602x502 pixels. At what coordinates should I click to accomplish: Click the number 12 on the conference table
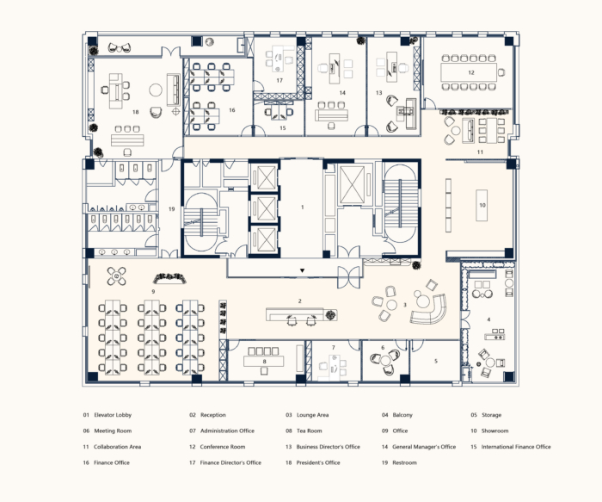[x=471, y=72]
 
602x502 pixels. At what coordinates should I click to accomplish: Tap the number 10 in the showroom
[x=482, y=205]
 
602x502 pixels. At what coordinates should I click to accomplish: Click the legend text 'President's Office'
[x=318, y=462]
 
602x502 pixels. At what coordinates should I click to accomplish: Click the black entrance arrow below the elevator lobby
[x=302, y=270]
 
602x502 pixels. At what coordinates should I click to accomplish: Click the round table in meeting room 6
[x=385, y=360]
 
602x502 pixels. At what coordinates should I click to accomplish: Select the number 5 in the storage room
[x=436, y=361]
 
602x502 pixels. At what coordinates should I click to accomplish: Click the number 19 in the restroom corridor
[x=171, y=209]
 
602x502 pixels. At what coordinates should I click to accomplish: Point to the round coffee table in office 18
[x=156, y=90]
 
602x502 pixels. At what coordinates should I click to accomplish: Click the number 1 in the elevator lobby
[x=302, y=208]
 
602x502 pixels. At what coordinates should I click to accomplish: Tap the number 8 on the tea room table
[x=264, y=362]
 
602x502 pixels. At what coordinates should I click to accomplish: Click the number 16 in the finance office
[x=232, y=110]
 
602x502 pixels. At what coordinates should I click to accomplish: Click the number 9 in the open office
[x=153, y=292]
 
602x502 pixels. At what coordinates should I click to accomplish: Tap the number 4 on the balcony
[x=488, y=319]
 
